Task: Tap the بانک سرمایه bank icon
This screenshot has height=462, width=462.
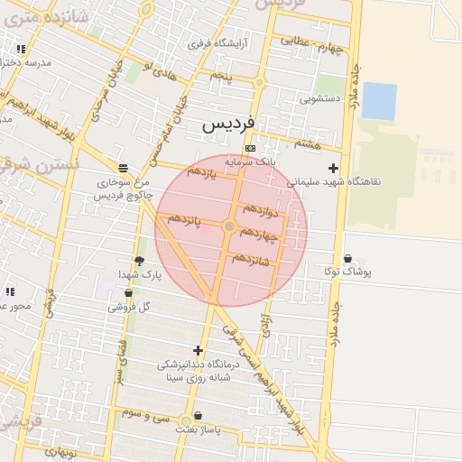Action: [x=250, y=149]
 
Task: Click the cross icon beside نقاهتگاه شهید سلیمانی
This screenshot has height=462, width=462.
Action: [x=334, y=168]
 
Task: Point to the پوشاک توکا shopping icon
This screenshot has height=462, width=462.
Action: [x=348, y=259]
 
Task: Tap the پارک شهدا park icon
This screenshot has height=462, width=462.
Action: [x=139, y=262]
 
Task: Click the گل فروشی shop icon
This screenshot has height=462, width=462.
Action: [x=128, y=293]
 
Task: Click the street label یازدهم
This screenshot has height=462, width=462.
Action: [x=201, y=171]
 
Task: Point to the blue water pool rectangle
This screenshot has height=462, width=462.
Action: [x=379, y=101]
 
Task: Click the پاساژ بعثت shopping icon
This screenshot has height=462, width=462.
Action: [x=198, y=416]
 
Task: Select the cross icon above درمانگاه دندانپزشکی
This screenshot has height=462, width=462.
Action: [x=199, y=351]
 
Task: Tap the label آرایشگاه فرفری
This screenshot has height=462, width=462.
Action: [x=214, y=42]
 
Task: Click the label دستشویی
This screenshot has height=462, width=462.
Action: [x=320, y=98]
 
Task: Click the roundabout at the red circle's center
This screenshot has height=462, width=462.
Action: [x=230, y=226]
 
